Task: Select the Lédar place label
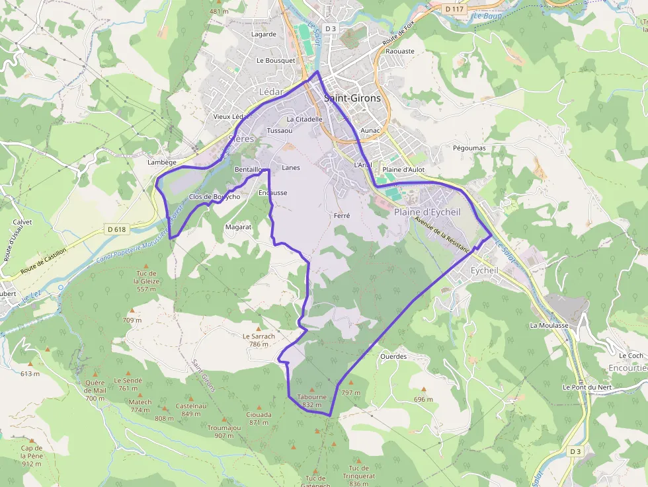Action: [271, 92]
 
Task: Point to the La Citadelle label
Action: [304, 120]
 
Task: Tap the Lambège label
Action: [162, 163]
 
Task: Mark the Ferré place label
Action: [342, 215]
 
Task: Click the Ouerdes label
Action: [393, 356]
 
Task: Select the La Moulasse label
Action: [549, 326]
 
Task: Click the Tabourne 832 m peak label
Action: [312, 400]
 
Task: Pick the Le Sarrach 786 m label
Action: [259, 340]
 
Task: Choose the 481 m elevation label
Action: [218, 11]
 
